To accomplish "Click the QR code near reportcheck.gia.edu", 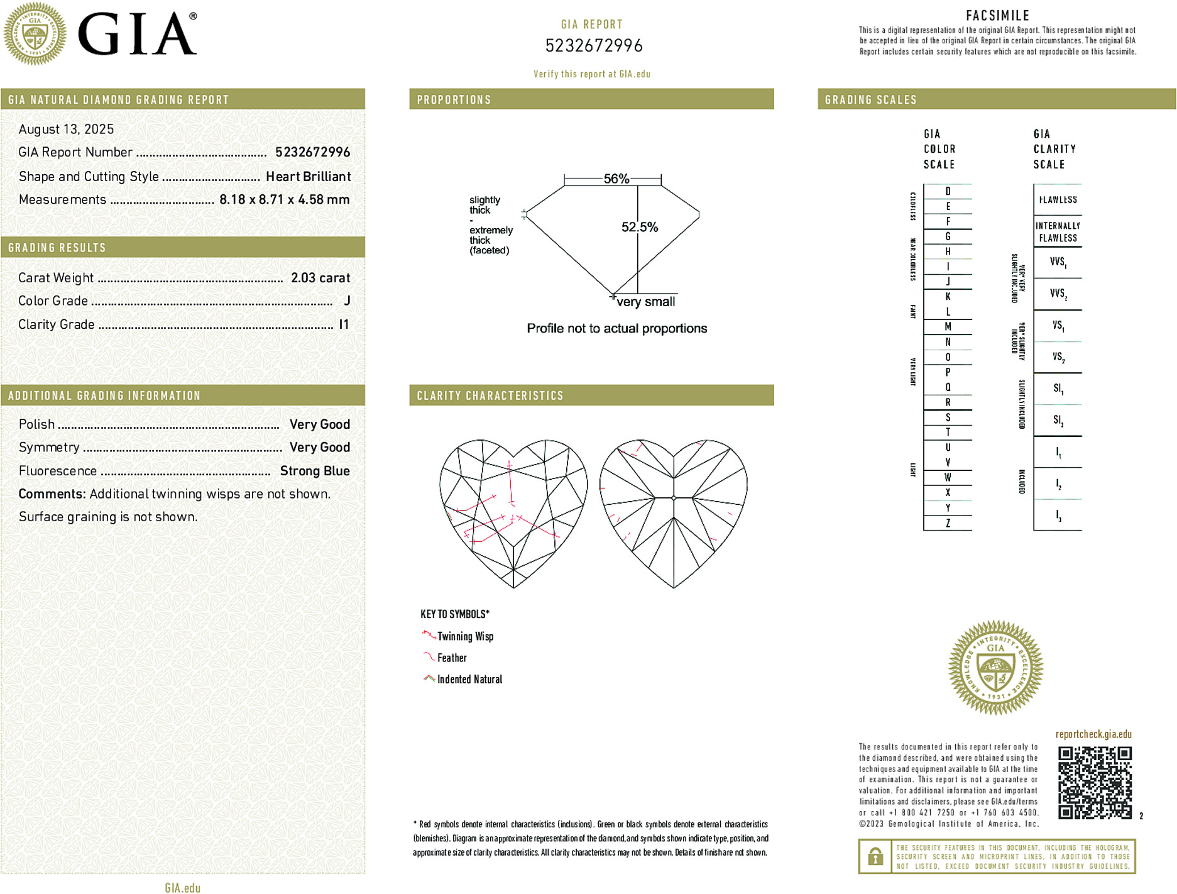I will [x=1094, y=782].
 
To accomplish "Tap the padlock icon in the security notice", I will [x=875, y=856].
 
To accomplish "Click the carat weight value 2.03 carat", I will [x=320, y=278].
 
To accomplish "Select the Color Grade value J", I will [x=347, y=301].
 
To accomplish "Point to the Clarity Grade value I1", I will [x=343, y=324].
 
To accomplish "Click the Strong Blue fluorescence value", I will [x=315, y=471].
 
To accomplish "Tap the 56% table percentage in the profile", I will [x=616, y=179].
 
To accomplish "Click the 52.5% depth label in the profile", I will [x=639, y=227].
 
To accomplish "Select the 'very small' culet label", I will [x=645, y=302].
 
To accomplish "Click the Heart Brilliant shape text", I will [x=308, y=177].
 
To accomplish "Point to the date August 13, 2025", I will [x=66, y=130].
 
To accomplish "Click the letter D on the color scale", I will [x=948, y=191].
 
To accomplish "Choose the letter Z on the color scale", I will [x=948, y=523].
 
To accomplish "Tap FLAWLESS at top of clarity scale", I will [x=1058, y=200].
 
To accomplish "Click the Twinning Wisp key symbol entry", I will [x=465, y=636].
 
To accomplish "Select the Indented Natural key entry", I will [x=469, y=679].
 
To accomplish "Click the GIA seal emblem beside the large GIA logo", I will [x=35, y=34].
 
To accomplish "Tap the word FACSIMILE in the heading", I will [x=997, y=16].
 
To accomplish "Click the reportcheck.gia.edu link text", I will [x=1093, y=734].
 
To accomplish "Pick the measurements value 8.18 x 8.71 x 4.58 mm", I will [x=284, y=200].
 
